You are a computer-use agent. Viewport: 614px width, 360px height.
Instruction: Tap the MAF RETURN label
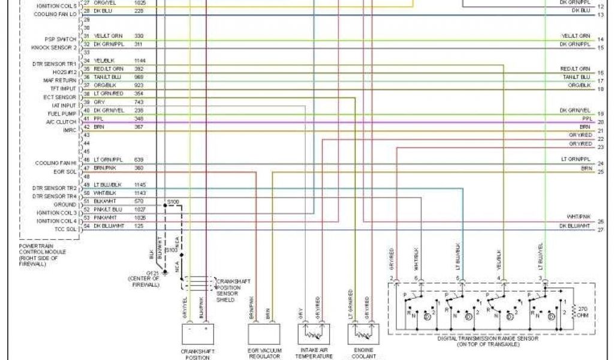pos(59,80)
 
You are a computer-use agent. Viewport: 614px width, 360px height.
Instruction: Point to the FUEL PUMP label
pos(62,113)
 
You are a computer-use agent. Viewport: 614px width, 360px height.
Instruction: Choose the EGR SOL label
pos(65,172)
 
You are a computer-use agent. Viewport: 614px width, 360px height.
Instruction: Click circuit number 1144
pos(141,61)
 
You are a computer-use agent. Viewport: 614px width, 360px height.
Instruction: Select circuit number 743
pos(139,102)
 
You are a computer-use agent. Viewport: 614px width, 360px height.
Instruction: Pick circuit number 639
pos(139,160)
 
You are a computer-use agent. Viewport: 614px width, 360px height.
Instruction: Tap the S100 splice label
pos(173,202)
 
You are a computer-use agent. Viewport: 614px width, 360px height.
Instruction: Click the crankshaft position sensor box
pos(198,334)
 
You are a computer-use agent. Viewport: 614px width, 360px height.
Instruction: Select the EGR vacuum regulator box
pos(264,334)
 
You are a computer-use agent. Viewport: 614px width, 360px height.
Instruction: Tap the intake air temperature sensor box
pos(314,334)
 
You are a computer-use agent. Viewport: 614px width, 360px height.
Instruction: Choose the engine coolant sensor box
pos(363,334)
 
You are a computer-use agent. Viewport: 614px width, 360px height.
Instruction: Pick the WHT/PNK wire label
pos(579,215)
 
